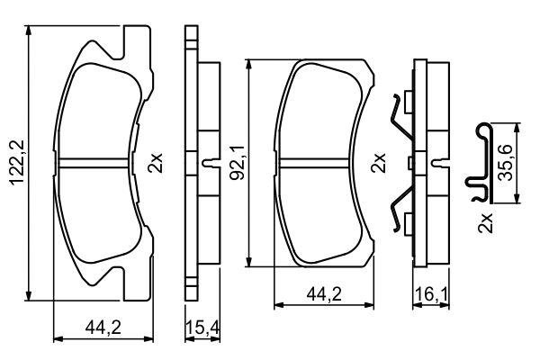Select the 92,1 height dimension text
(x=238, y=163)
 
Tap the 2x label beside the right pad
(x=378, y=163)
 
